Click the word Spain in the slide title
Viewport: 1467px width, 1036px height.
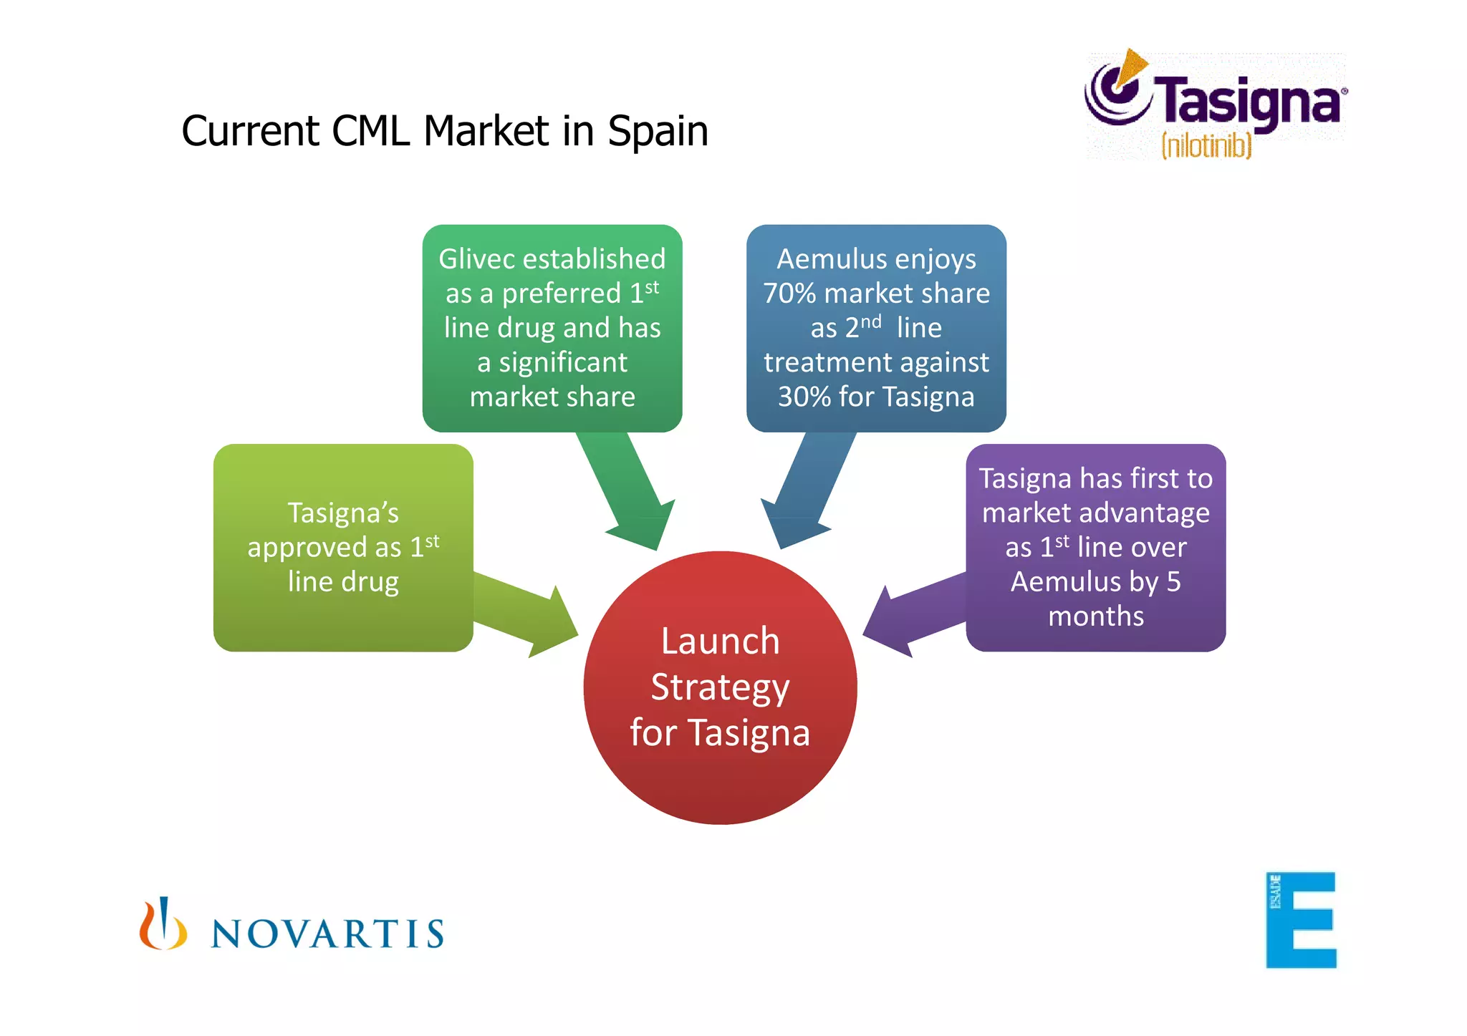[x=658, y=131]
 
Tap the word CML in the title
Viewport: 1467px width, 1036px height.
[x=370, y=131]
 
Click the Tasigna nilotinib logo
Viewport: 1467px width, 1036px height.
[x=1215, y=105]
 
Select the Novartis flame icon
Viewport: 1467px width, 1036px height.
[x=163, y=924]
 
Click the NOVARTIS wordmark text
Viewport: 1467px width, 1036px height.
[x=327, y=934]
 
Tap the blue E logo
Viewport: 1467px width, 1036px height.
[x=1301, y=920]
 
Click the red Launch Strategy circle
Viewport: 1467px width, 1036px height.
[x=720, y=687]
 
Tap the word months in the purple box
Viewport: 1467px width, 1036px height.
[x=1096, y=616]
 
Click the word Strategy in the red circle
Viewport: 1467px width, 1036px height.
[x=720, y=687]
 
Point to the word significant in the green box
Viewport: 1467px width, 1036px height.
[x=563, y=362]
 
